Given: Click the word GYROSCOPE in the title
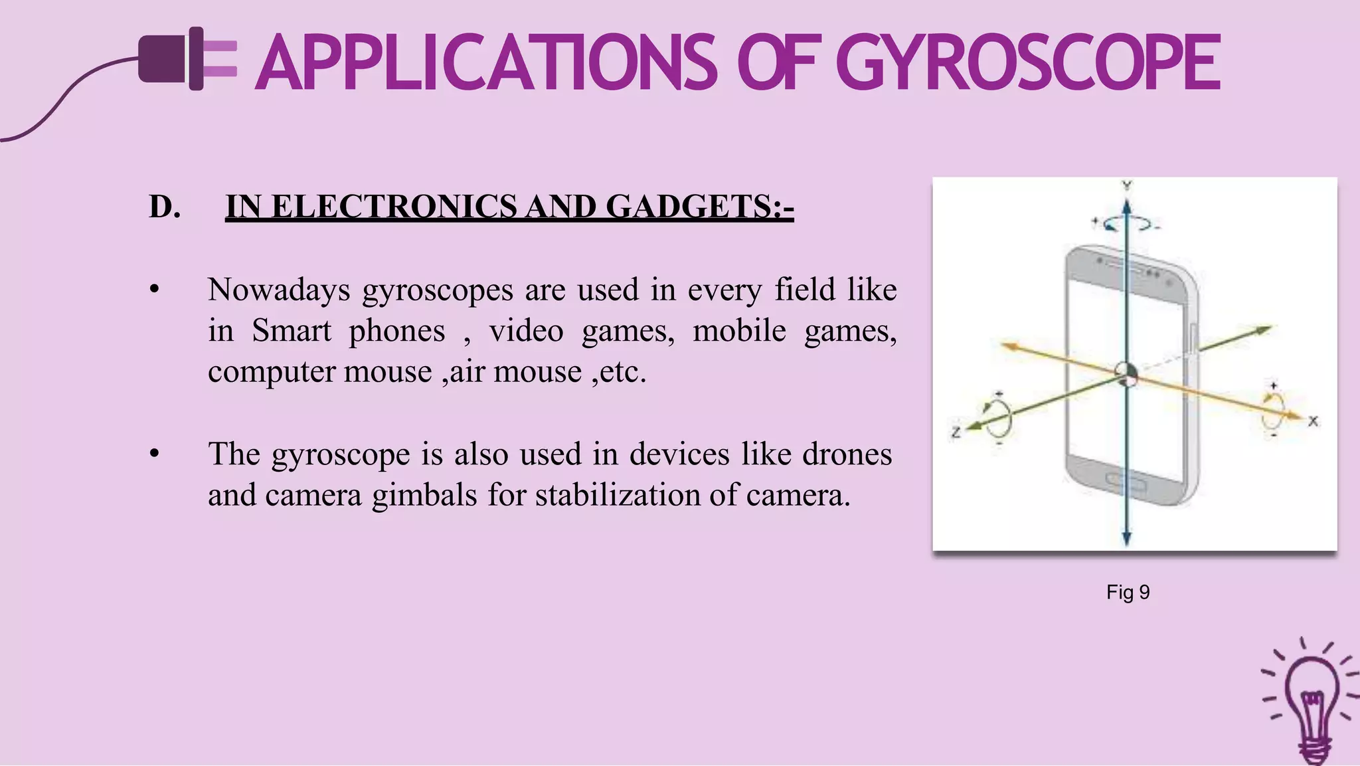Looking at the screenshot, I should pos(1028,63).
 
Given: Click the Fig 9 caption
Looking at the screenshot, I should pos(1128,592).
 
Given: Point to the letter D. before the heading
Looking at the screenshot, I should pos(165,207).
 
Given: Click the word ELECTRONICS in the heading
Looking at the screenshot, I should pos(394,207).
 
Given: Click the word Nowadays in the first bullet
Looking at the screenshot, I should pos(279,290).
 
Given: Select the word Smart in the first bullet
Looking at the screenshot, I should pos(291,331).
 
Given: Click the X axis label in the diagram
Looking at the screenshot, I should pos(1313,421).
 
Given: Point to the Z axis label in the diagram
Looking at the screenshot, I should pos(956,432).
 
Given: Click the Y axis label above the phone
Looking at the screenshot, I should pos(1127,185).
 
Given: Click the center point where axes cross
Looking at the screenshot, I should pos(1126,375).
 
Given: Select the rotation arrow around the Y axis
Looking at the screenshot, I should pos(1127,225).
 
